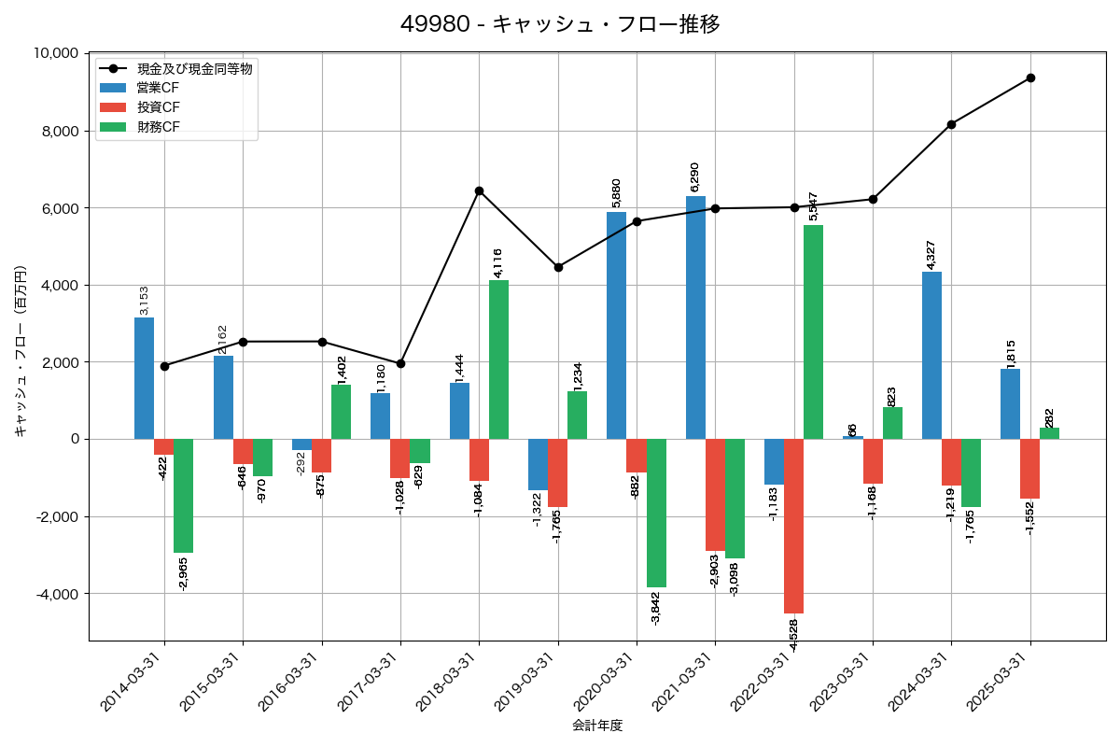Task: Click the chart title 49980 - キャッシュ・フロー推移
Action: click(560, 24)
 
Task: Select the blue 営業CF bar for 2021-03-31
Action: click(695, 317)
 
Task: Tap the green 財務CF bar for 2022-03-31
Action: click(813, 331)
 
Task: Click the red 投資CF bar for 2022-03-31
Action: click(793, 526)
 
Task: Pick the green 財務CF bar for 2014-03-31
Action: click(183, 496)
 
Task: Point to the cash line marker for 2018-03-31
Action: click(479, 190)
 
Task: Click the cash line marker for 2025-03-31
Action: click(1030, 78)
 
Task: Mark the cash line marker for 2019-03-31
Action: click(558, 267)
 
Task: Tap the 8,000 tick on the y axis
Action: click(58, 131)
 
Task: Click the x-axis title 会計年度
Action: click(597, 726)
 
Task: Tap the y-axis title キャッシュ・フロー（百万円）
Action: click(21, 351)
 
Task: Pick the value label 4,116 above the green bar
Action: click(497, 262)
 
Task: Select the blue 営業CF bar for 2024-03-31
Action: click(931, 355)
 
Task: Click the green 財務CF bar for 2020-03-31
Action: click(656, 513)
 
